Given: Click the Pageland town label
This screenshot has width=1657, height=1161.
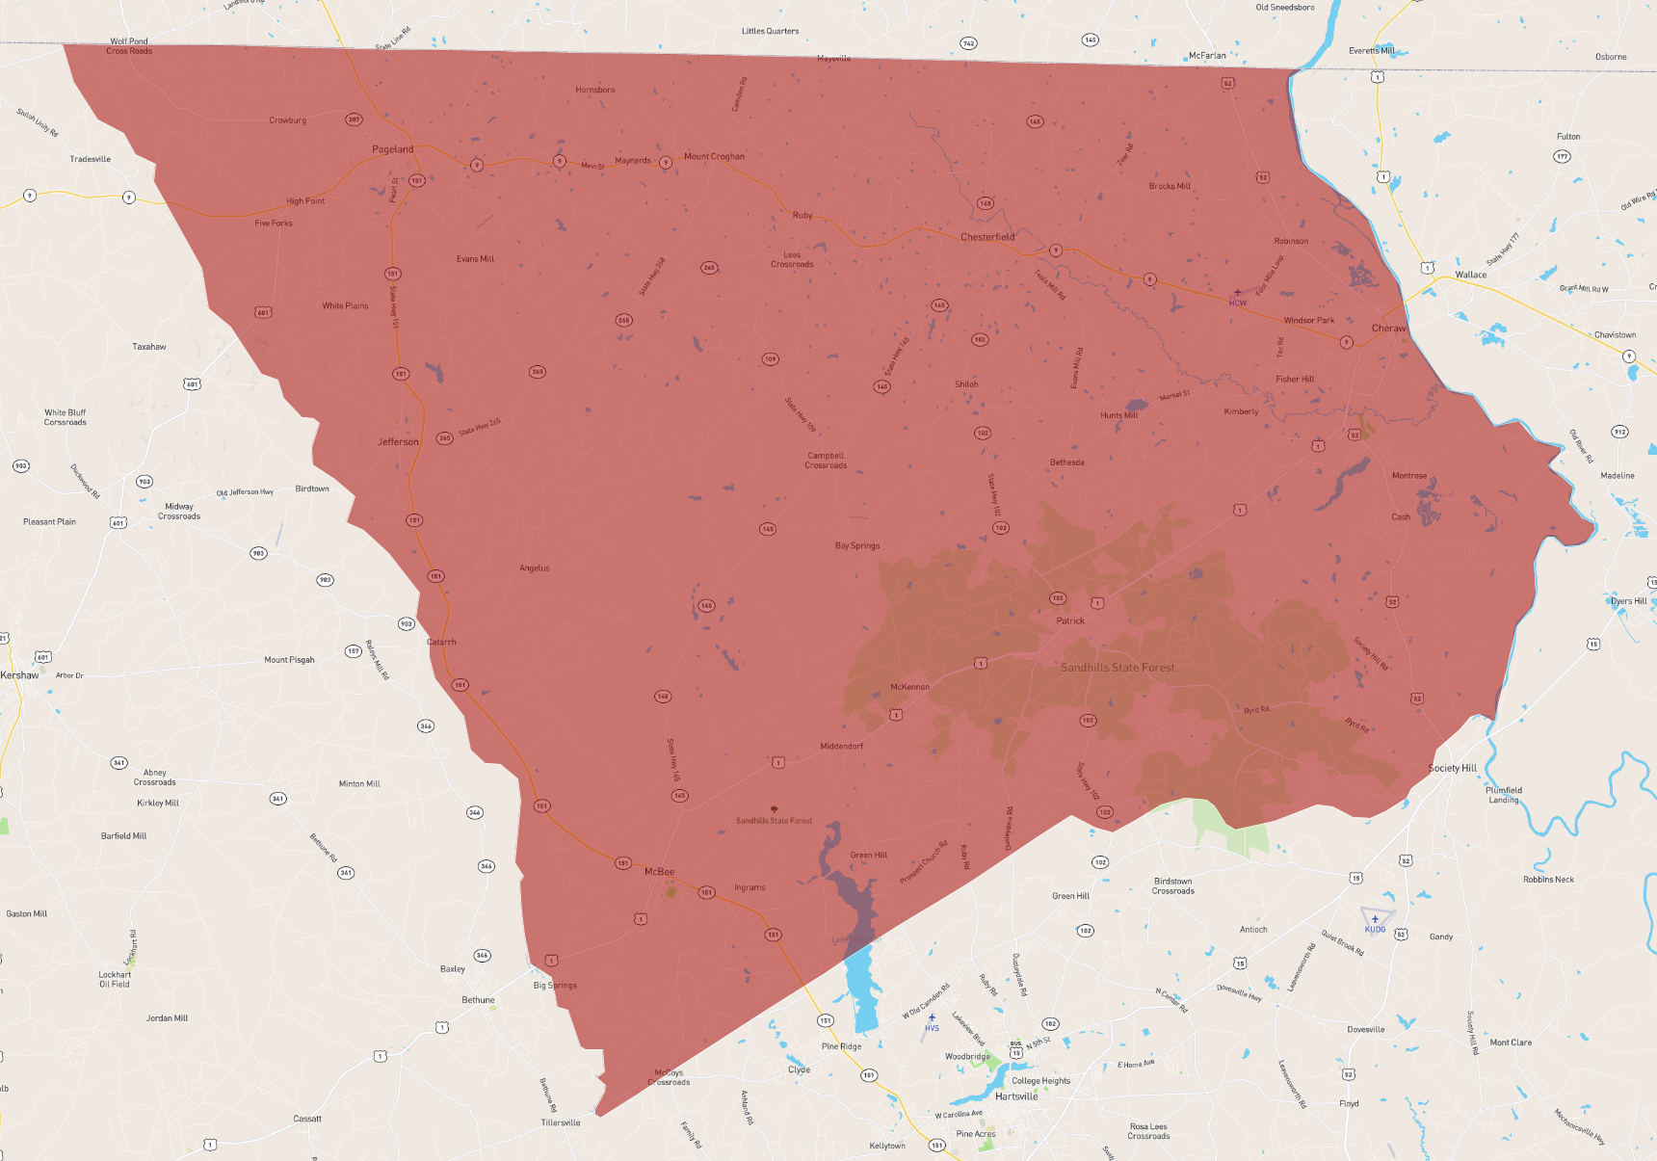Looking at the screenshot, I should point(393,149).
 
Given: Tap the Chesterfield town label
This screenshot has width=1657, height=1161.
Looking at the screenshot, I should point(987,237).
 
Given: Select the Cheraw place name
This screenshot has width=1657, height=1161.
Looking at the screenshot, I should point(1388,329).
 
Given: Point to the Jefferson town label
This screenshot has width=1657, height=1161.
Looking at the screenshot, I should point(398,442).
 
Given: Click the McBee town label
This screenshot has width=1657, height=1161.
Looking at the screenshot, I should point(659,872).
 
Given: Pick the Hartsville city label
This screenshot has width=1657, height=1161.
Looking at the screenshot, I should point(1016,1096).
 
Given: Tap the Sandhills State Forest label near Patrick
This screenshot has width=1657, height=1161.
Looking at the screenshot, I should point(1118,668).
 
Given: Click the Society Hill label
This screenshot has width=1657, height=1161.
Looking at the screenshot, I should point(1452,768).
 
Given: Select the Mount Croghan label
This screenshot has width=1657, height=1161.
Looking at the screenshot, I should point(714,156).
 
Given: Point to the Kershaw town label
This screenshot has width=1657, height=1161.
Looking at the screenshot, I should point(19,675).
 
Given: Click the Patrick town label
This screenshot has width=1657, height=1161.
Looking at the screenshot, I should point(1070,621).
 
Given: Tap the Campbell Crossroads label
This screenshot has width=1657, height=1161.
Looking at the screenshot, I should point(826,461).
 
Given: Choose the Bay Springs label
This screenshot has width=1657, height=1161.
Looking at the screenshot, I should point(857,546).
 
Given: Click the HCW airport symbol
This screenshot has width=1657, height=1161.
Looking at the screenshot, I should point(1238,293).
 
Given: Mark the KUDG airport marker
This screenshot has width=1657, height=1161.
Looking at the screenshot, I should point(1376,919).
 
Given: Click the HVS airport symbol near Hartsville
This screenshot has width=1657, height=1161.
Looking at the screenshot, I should point(932,1018).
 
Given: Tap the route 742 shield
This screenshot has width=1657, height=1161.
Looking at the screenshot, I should point(968,43).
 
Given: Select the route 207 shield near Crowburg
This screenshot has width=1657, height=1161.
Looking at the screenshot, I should point(354,120).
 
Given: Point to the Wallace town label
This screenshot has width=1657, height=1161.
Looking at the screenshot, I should point(1470,275).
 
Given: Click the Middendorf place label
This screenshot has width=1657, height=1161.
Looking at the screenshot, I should point(841,747).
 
